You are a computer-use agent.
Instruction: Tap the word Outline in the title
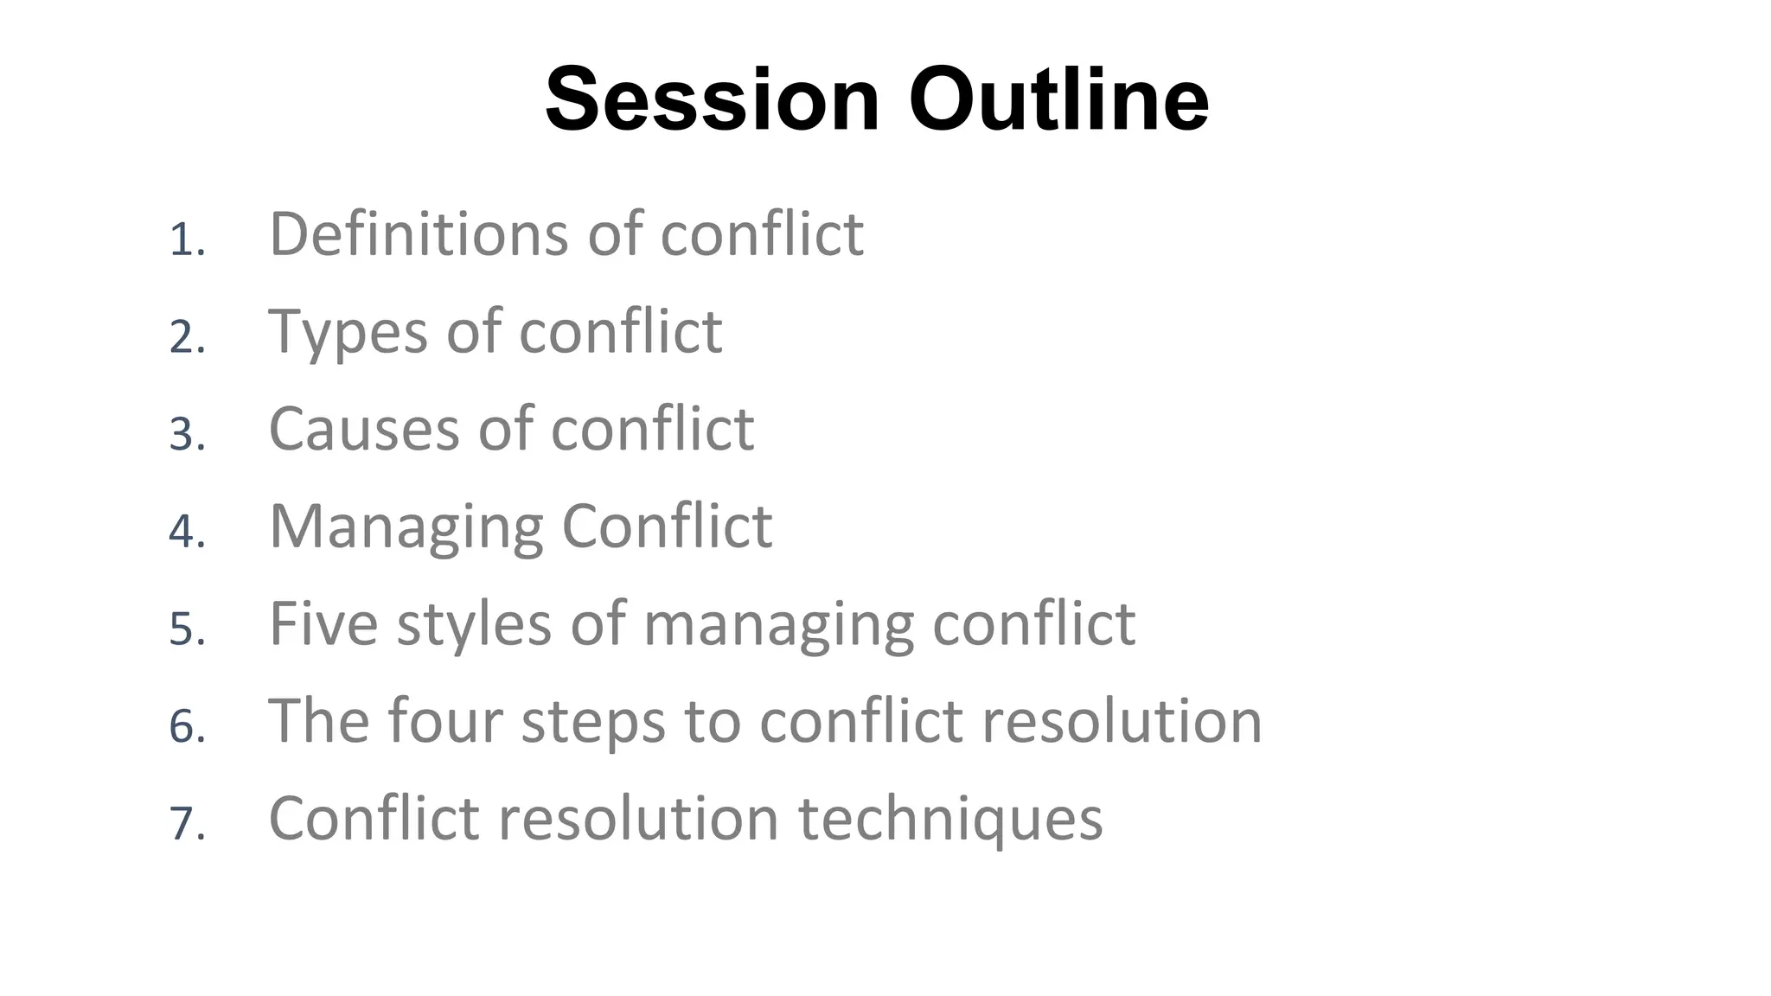tap(1058, 100)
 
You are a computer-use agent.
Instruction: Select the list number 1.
tap(186, 239)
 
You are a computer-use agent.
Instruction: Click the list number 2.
tap(187, 336)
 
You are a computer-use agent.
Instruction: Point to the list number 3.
tap(187, 434)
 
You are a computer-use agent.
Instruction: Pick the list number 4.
tap(187, 531)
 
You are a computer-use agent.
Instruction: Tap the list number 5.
tap(187, 629)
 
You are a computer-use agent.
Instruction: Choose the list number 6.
tap(187, 725)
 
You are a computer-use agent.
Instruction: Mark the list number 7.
tap(187, 822)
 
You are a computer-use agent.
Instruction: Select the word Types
tap(348, 333)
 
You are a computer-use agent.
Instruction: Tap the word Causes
tap(364, 429)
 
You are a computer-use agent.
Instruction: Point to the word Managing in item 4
tap(406, 527)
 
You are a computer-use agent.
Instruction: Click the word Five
tap(323, 623)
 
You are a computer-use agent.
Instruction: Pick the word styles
tap(474, 623)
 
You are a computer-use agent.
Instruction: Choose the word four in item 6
tap(444, 720)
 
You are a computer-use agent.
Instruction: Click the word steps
tap(593, 722)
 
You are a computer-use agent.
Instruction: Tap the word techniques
tap(949, 819)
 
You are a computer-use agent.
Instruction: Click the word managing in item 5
tap(778, 625)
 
